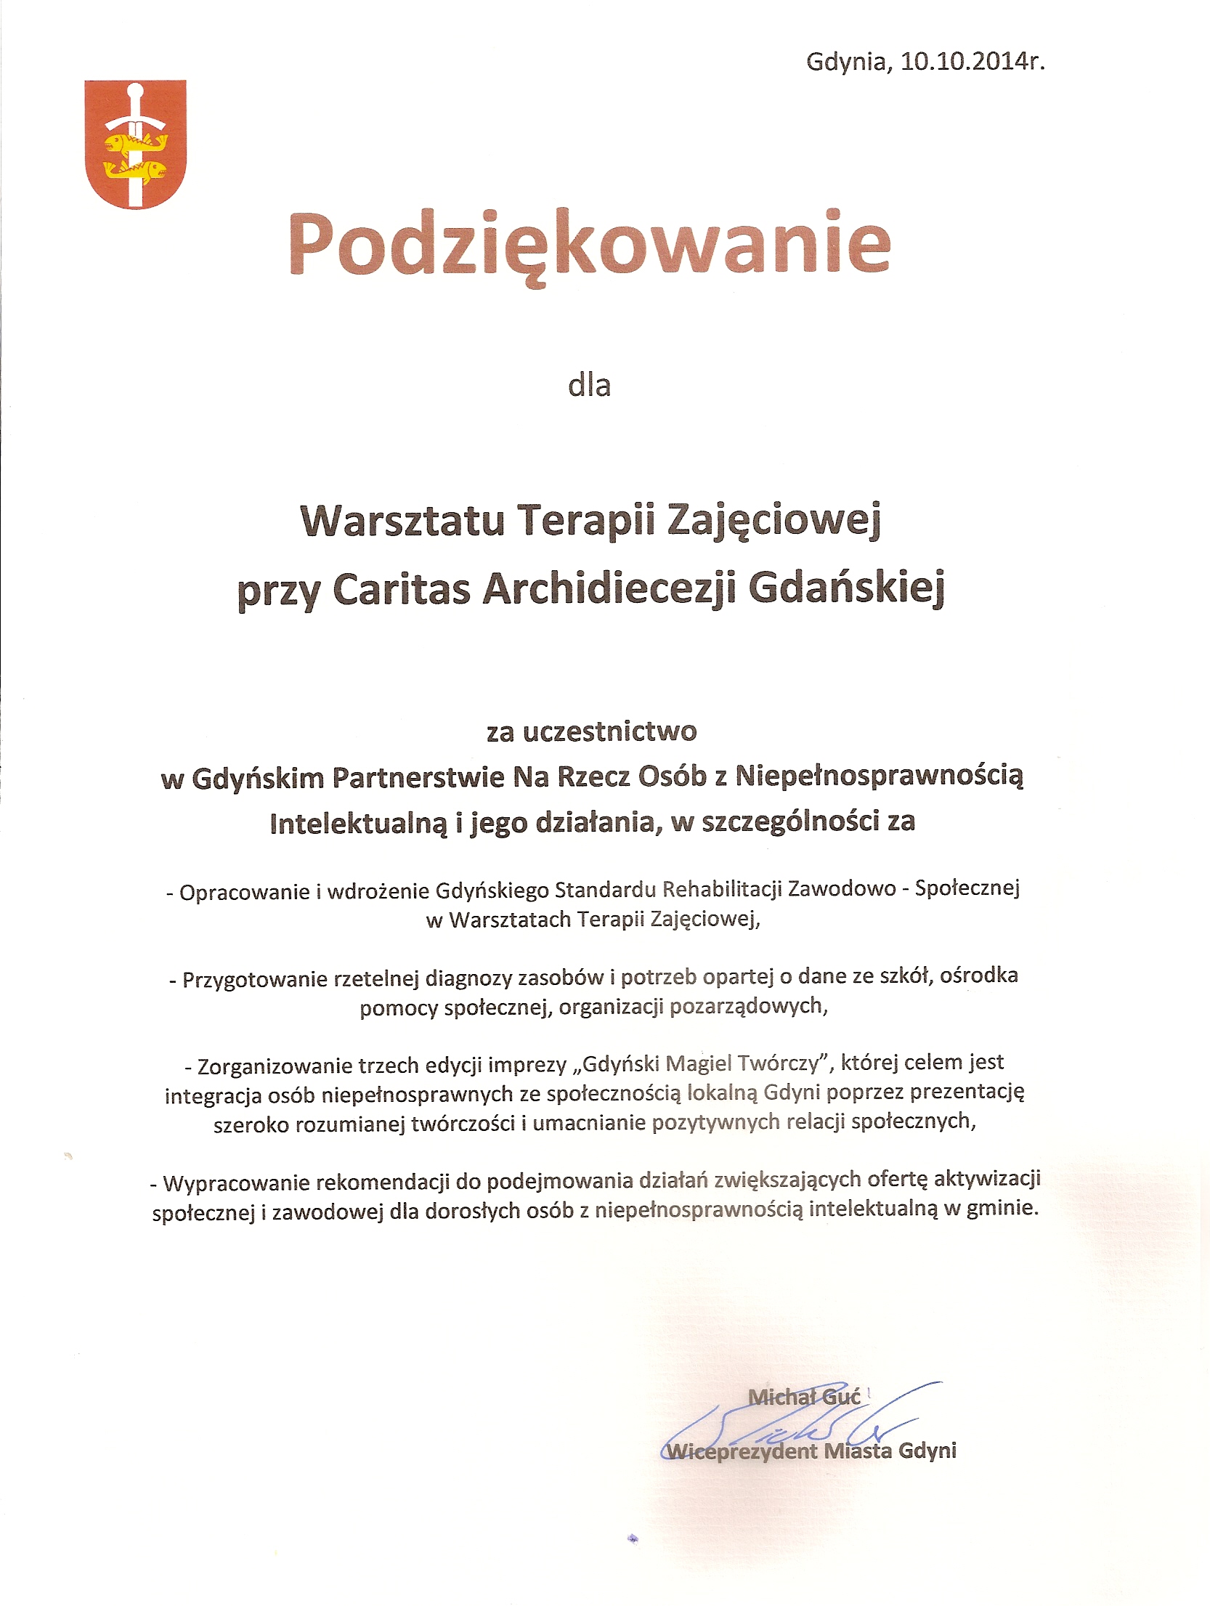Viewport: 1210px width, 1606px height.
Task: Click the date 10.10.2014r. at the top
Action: point(973,62)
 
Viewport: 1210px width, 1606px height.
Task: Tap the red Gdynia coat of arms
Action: point(136,144)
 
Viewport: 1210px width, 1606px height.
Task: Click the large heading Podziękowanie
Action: point(589,244)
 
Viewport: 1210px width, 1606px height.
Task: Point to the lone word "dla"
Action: point(589,384)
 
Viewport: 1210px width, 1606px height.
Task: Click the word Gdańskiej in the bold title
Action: point(846,590)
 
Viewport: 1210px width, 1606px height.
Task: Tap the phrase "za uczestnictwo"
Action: point(591,731)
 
